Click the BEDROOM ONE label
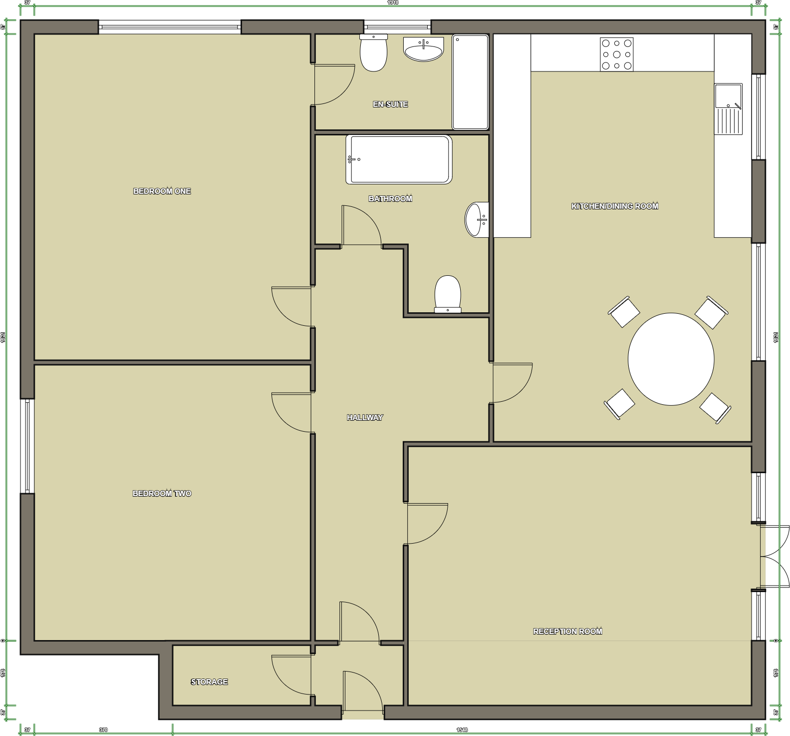click(162, 191)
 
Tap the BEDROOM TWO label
click(162, 494)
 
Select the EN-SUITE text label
click(390, 104)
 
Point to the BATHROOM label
click(390, 199)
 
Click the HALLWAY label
click(365, 418)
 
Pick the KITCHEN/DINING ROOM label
click(615, 206)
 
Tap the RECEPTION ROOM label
click(567, 632)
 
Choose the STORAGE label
click(209, 682)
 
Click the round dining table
click(671, 359)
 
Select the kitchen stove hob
click(617, 54)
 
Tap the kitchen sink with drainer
click(728, 109)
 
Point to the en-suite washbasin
click(423, 49)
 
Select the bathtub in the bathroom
click(399, 159)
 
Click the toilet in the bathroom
click(448, 294)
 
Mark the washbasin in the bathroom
click(477, 219)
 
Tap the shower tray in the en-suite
click(470, 82)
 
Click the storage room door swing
click(291, 675)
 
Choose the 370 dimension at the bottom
click(103, 730)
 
